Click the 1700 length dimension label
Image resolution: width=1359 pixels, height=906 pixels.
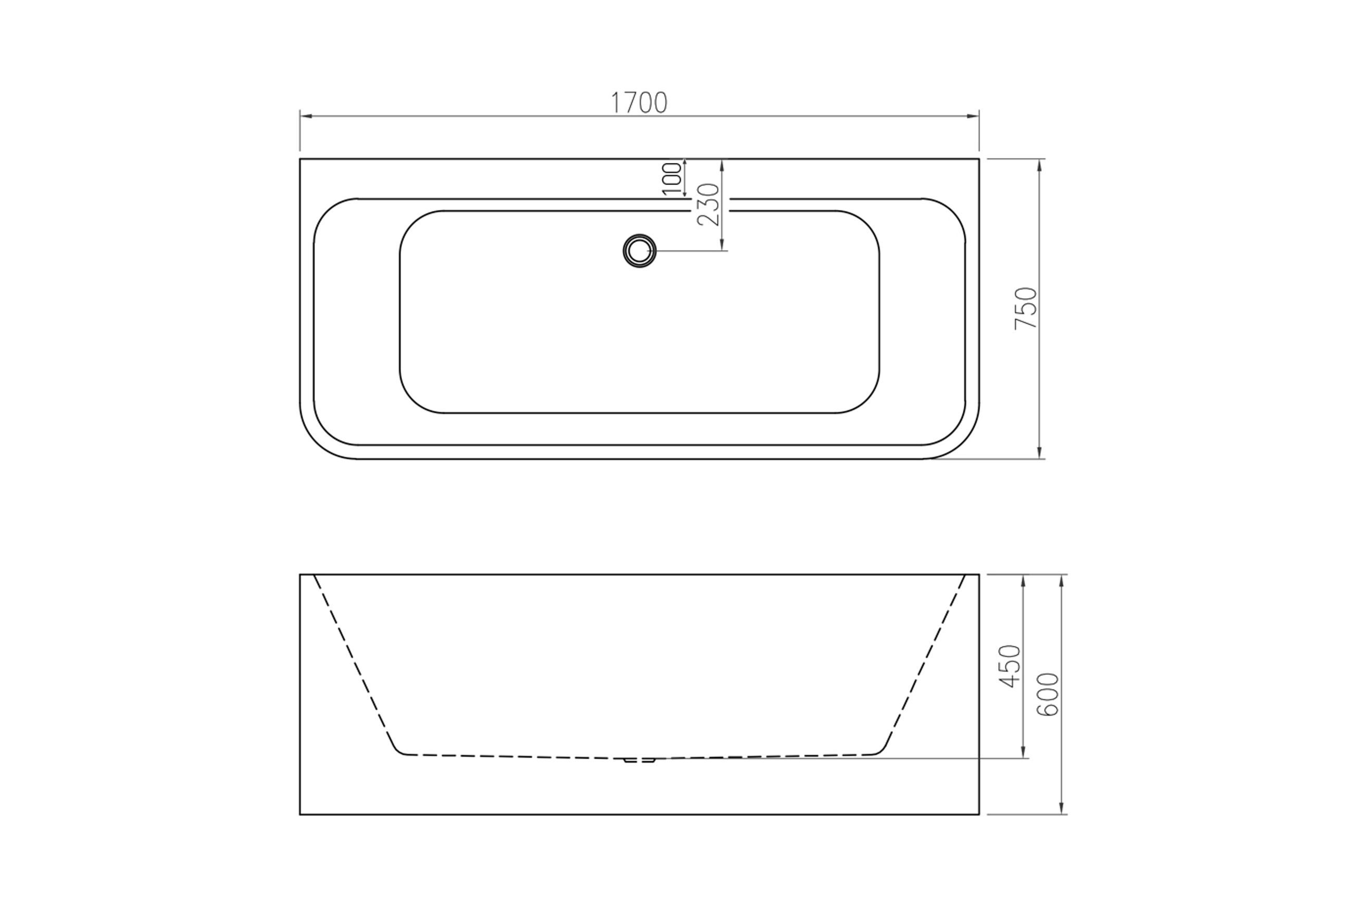coord(639,103)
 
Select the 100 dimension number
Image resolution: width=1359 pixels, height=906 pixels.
coord(672,179)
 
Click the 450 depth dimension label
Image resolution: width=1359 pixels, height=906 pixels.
coord(1011,666)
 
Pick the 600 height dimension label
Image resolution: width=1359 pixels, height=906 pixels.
coord(1048,695)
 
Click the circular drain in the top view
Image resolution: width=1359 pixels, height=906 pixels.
coord(639,251)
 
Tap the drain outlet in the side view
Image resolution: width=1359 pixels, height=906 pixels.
coord(639,760)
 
